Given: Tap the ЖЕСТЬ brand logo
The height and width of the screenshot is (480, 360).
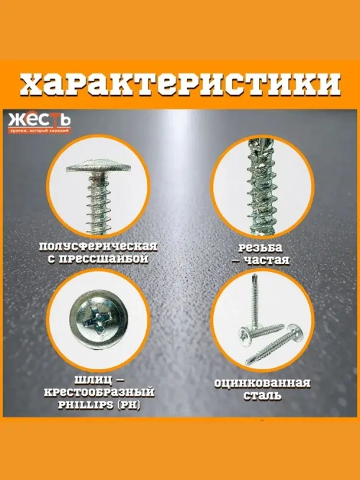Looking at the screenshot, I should point(39,119).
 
